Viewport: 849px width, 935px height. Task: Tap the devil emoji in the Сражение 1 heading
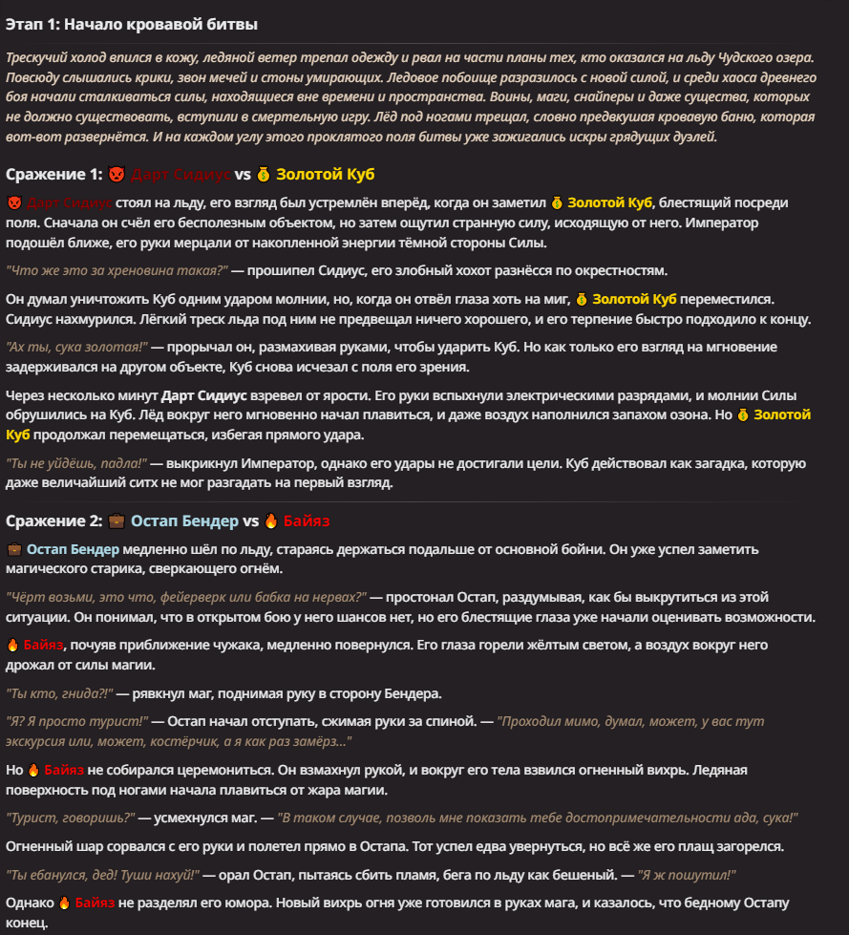[117, 175]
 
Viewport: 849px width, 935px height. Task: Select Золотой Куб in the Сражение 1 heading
[325, 175]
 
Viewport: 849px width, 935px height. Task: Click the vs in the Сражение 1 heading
[243, 175]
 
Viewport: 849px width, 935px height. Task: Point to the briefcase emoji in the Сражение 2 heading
[117, 521]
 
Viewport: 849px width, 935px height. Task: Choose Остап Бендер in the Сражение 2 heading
[184, 521]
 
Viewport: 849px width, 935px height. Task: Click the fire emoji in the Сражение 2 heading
[270, 521]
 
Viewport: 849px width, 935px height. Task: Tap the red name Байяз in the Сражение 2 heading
[307, 521]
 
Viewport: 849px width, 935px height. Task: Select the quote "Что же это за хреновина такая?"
[115, 270]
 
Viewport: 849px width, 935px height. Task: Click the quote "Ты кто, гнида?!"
[60, 693]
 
